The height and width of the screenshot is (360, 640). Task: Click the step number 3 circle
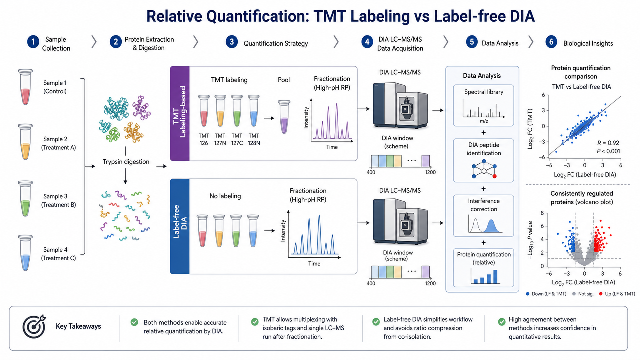231,42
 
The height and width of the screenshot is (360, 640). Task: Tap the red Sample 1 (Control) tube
25,87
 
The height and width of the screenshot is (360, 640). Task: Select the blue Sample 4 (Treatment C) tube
25,253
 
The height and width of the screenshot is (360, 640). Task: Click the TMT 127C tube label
237,139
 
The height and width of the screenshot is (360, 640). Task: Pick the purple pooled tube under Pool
284,117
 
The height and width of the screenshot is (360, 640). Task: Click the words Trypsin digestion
126,162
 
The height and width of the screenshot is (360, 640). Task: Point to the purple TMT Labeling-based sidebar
180,113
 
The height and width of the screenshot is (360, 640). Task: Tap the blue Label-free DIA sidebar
180,226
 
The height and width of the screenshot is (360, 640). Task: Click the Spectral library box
483,105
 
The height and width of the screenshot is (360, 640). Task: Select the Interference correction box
483,216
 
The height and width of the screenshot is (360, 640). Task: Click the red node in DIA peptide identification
495,176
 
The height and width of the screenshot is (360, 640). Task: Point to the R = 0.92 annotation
608,143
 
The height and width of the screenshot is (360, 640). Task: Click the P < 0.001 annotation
608,151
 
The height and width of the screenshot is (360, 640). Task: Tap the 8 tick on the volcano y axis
542,213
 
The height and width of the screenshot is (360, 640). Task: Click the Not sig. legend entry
583,294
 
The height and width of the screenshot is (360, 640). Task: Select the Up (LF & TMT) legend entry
617,294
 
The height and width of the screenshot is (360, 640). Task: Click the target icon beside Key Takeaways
34,326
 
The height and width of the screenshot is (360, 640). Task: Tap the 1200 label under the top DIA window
430,172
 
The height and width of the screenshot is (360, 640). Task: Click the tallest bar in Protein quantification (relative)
495,277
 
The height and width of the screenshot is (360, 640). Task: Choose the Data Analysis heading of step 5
500,43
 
